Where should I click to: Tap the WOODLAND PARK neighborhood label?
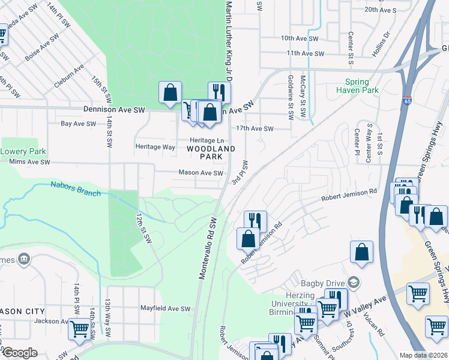coord(210,152)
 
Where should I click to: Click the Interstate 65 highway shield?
coord(408,101)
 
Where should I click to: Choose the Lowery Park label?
coord(23,151)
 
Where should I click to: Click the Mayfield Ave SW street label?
coord(165,309)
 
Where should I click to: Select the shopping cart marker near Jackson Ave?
coord(79,329)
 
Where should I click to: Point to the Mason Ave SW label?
coord(200,173)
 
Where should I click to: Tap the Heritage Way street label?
coord(155,146)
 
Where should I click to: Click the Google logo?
coord(19,353)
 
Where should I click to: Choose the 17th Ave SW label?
coord(255,128)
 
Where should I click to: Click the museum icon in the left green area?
coord(23,259)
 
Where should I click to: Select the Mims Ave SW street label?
coord(30,162)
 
